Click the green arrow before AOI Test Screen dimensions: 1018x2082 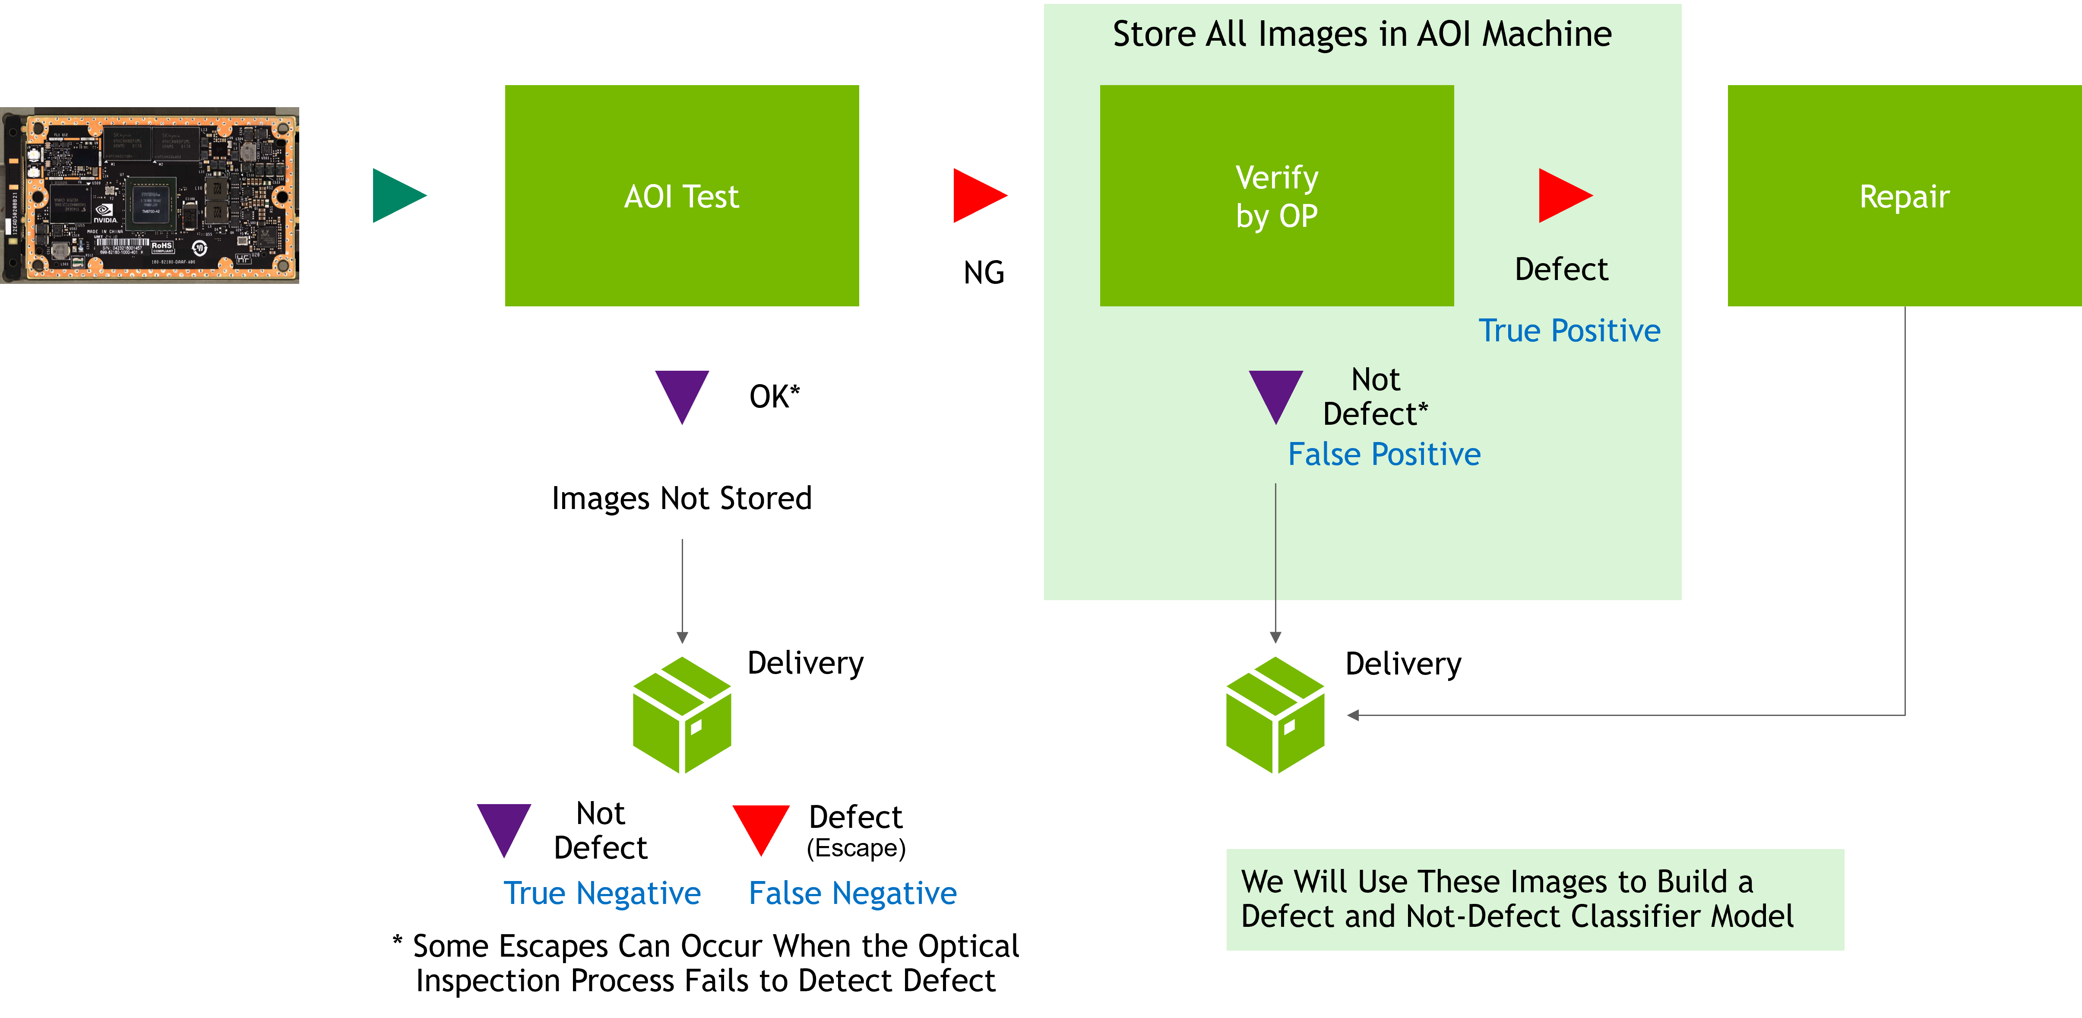click(x=396, y=196)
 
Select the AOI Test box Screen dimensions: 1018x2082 click(x=681, y=196)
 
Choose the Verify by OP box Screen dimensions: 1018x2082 click(x=1276, y=196)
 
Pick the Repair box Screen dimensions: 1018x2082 click(x=1904, y=196)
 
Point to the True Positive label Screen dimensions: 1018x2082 click(x=1569, y=331)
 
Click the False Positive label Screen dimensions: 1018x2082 click(x=1384, y=455)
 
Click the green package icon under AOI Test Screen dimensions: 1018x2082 click(x=682, y=715)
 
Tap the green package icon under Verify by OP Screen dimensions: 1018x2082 click(x=1275, y=715)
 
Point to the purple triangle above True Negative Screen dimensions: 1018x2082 click(x=503, y=826)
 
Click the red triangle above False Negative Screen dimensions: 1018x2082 click(x=760, y=826)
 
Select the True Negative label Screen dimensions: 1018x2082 click(x=602, y=894)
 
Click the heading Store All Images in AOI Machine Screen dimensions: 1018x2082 click(x=1362, y=34)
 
